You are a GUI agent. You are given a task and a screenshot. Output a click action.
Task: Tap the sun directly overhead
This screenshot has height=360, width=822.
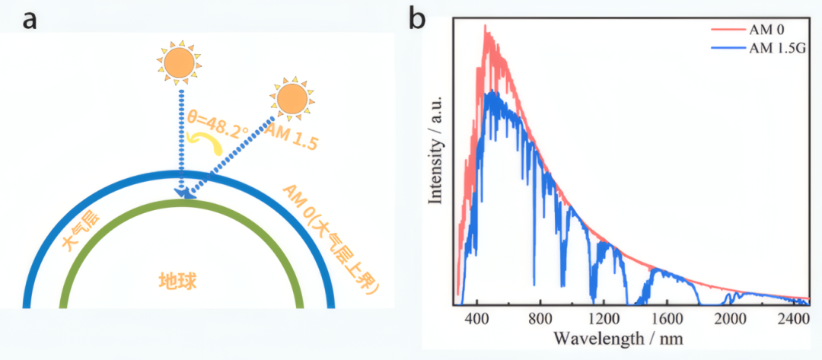click(180, 62)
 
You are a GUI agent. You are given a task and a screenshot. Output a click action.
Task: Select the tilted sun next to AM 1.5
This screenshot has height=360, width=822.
click(292, 98)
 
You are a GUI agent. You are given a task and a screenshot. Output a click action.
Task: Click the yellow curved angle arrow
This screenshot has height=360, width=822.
click(208, 142)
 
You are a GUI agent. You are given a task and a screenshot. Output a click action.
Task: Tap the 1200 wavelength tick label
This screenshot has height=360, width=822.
click(604, 318)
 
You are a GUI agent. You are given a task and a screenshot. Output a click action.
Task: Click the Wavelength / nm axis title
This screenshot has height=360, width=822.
click(619, 338)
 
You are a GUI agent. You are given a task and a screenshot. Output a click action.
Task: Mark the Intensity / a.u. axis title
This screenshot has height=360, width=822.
click(437, 150)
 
